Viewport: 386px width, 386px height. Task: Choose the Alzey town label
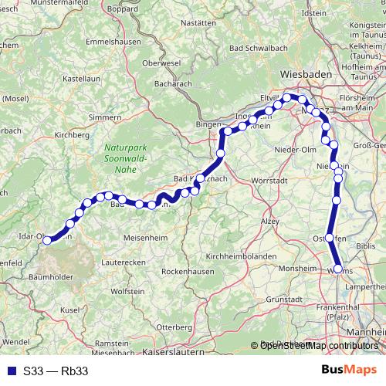(269, 220)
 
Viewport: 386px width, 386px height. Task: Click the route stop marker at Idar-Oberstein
(48, 240)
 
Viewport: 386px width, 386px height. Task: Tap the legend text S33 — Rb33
(56, 371)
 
